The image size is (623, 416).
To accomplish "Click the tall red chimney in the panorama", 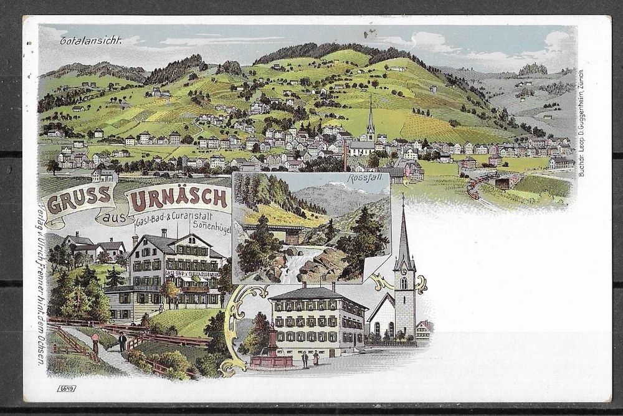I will [x=345, y=159].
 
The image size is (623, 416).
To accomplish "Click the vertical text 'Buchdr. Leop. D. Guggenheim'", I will [x=581, y=125].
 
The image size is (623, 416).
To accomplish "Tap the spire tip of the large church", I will [x=403, y=198].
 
